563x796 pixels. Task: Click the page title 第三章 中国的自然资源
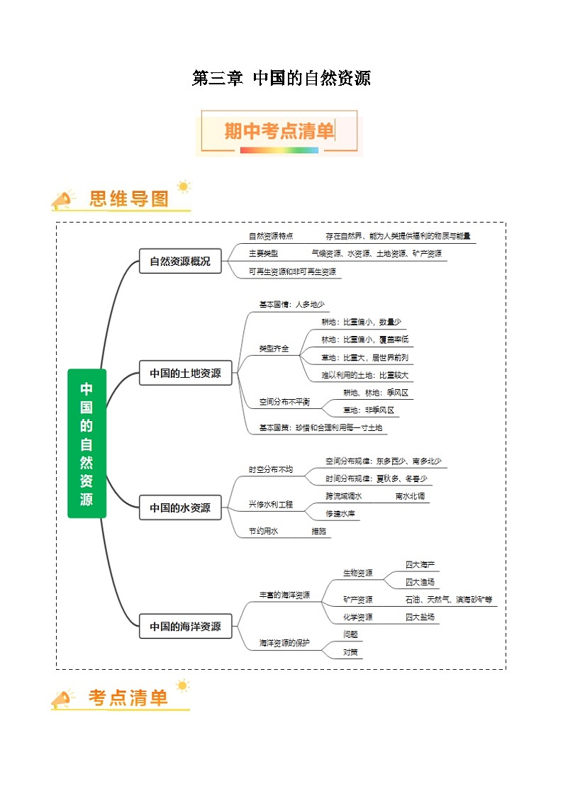[x=281, y=78]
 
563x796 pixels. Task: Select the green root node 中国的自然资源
[x=87, y=443]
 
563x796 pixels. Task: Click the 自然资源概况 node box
[x=180, y=261]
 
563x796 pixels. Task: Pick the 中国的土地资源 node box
[x=185, y=373]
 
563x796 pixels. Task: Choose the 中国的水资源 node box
[x=180, y=508]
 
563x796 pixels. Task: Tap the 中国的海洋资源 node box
[x=185, y=627]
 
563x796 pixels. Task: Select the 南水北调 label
[x=410, y=496]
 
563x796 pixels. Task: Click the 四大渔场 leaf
[x=420, y=582]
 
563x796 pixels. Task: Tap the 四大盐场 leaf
[x=420, y=617]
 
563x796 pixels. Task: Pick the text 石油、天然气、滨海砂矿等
[x=449, y=600]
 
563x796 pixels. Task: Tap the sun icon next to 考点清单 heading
[x=183, y=685]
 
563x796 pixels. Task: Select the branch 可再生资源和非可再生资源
[x=292, y=271]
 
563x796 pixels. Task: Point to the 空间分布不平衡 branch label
[x=284, y=402]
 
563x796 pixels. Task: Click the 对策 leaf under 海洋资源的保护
[x=350, y=651]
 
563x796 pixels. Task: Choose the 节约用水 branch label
[x=263, y=531]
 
